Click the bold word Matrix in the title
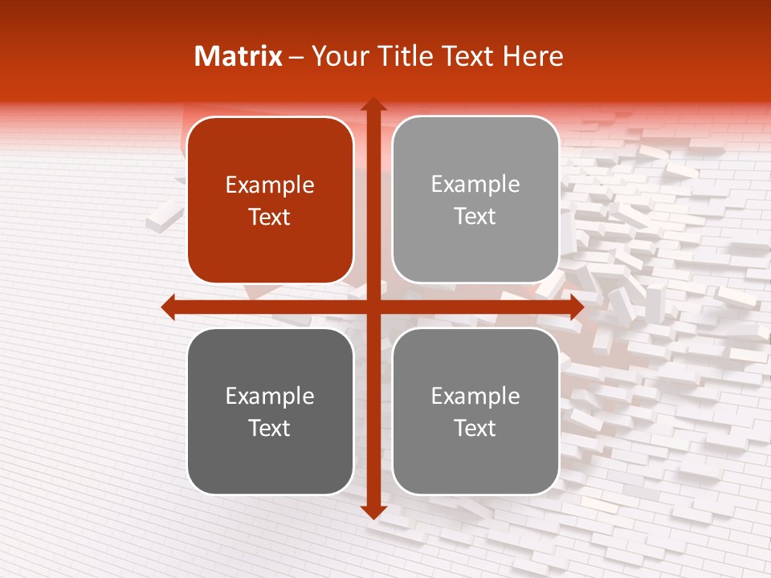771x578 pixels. click(239, 56)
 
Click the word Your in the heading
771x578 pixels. click(338, 56)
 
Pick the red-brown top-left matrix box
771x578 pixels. click(270, 200)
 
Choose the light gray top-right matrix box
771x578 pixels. click(475, 200)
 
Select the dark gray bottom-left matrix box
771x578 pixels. click(270, 411)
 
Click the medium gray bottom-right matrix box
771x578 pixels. click(475, 411)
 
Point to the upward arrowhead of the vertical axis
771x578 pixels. click(373, 104)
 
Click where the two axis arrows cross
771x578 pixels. click(373, 307)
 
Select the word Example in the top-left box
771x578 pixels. click(270, 185)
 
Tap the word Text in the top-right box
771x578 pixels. click(475, 217)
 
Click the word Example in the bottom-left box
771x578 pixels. click(270, 397)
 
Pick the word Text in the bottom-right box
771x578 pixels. click(475, 428)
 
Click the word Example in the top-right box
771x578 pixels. click(475, 185)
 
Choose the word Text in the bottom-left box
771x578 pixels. click(270, 428)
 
